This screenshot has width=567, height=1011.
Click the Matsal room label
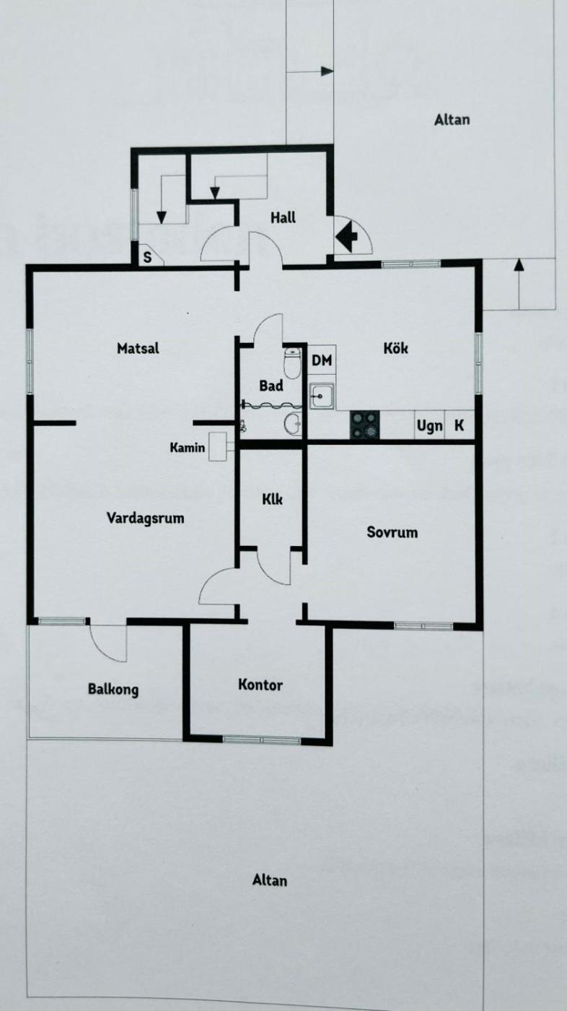coord(138,348)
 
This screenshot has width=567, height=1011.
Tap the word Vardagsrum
coord(145,518)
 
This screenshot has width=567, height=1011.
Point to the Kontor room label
coord(260,685)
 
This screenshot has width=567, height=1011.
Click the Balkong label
coord(113,689)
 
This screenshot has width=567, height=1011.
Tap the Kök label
coord(396,348)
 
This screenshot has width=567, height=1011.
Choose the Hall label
coord(283,217)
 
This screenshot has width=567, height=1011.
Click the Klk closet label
coord(272,499)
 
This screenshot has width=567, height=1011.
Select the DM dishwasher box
coord(322,360)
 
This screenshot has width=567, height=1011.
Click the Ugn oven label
coord(429,425)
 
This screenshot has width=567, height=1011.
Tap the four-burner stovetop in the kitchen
coord(364,425)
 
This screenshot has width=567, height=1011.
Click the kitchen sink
coord(322,396)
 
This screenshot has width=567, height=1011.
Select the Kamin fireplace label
coord(187,448)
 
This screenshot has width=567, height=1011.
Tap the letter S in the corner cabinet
coord(147,258)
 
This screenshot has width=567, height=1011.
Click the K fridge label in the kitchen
coord(459,425)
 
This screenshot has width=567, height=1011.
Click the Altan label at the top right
coord(452,120)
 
